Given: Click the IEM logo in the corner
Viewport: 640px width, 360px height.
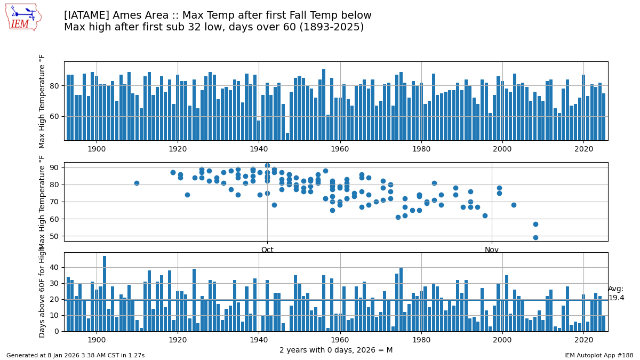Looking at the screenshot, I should pyautogui.click(x=23, y=17).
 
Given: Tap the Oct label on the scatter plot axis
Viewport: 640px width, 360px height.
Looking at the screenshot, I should pyautogui.click(x=267, y=250).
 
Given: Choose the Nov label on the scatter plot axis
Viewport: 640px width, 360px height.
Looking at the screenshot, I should pyautogui.click(x=492, y=250).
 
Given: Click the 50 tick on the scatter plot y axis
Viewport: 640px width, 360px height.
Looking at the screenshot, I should pyautogui.click(x=54, y=236).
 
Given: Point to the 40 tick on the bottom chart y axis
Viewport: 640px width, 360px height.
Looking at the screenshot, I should pyautogui.click(x=54, y=267).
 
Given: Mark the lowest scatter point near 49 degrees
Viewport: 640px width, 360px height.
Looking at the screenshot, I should pyautogui.click(x=535, y=237).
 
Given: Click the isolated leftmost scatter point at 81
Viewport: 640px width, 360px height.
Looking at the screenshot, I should pyautogui.click(x=137, y=183).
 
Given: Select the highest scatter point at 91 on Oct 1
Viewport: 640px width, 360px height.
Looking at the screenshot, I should pyautogui.click(x=267, y=166).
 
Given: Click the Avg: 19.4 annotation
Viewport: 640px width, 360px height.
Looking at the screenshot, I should pyautogui.click(x=616, y=293).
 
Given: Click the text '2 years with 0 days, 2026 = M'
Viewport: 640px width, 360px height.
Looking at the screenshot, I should pyautogui.click(x=336, y=350).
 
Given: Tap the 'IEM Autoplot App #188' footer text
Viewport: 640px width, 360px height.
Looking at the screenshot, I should pyautogui.click(x=598, y=355).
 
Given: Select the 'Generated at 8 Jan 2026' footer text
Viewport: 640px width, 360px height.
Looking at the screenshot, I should pyautogui.click(x=75, y=355).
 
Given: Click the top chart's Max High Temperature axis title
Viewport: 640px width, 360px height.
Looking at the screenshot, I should pyautogui.click(x=43, y=101).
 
